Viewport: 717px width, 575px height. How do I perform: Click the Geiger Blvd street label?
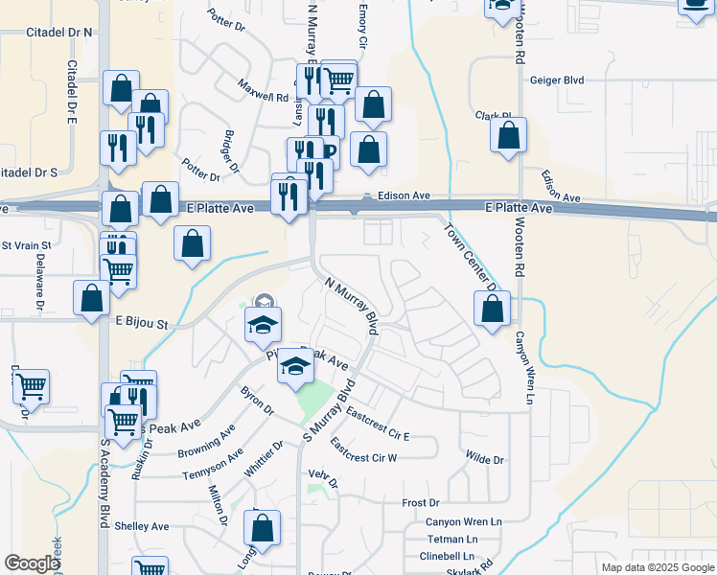[557, 81]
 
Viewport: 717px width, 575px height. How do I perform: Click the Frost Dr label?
[420, 502]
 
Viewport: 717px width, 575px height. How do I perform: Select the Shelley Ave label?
[141, 526]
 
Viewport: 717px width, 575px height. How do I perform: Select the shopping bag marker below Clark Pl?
[508, 135]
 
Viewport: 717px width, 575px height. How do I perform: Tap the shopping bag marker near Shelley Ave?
[262, 528]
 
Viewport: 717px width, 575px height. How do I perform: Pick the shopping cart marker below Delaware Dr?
[31, 387]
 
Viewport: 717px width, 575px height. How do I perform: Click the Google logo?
[33, 563]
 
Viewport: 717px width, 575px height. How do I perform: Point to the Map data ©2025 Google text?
[658, 567]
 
